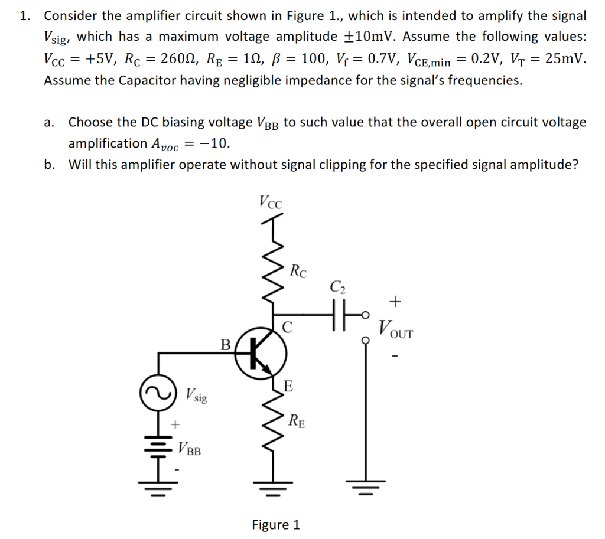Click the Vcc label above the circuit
click(270, 201)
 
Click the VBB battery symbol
click(158, 447)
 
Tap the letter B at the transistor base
click(225, 344)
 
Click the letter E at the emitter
click(288, 387)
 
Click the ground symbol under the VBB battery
click(158, 489)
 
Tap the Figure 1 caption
click(275, 524)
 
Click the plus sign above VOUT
click(395, 302)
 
